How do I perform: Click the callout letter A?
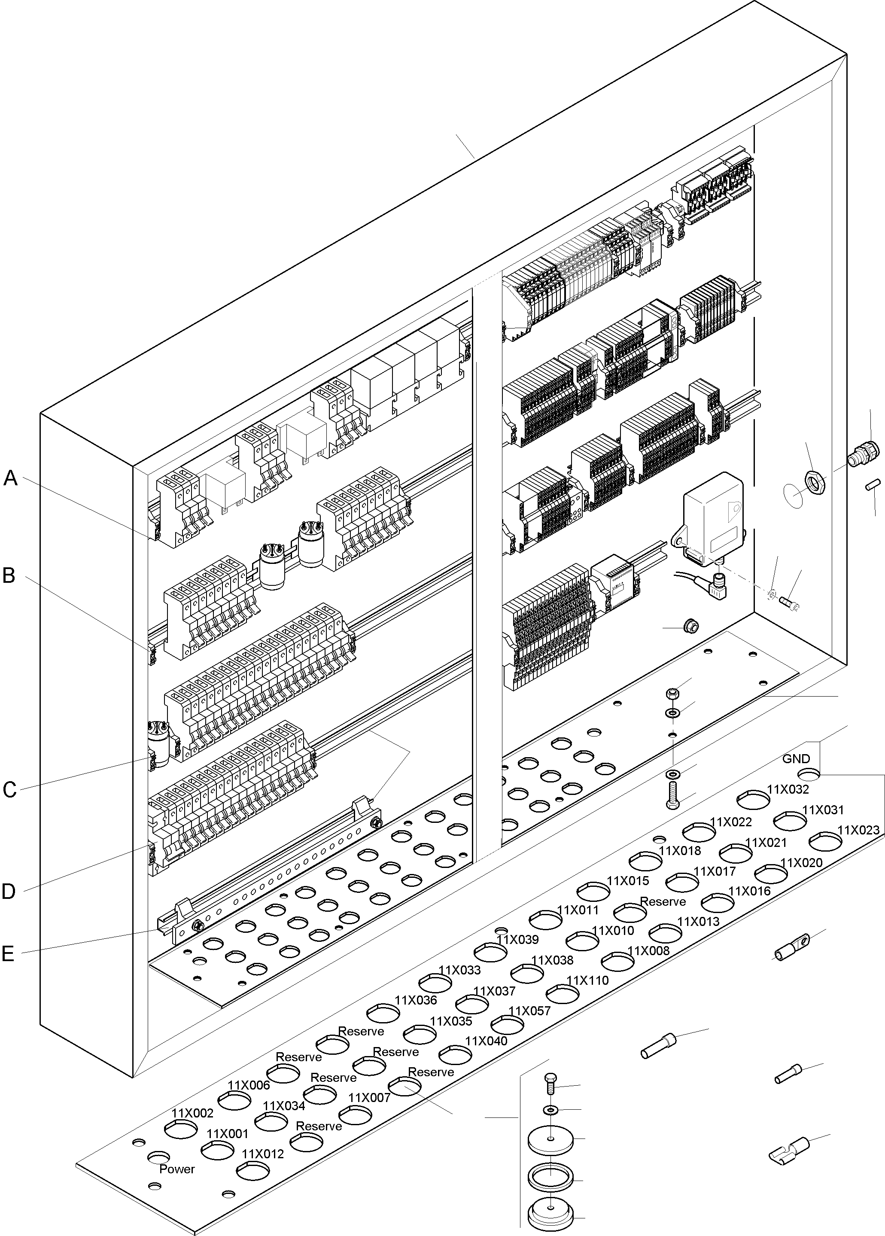click(x=11, y=478)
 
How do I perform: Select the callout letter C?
click(x=9, y=790)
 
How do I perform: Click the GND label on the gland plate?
click(x=796, y=758)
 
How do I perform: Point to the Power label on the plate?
click(x=176, y=1169)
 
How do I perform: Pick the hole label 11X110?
click(x=587, y=980)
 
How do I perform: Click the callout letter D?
click(x=9, y=892)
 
